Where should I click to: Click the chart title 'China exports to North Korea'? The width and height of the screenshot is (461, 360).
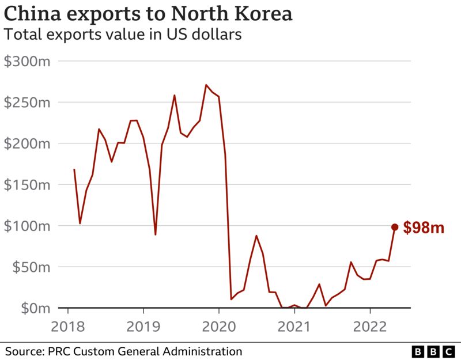click(x=148, y=14)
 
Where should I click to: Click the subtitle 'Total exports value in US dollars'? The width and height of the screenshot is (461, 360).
click(x=122, y=35)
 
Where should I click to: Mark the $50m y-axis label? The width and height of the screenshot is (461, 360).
click(x=30, y=267)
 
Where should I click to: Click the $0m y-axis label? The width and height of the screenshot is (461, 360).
click(x=33, y=308)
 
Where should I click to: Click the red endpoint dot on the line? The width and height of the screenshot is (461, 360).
click(x=395, y=228)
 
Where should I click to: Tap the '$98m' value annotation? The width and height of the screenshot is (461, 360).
click(x=424, y=228)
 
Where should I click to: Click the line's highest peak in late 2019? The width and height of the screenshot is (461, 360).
click(x=206, y=85)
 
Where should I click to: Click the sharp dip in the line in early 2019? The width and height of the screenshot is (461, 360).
click(x=156, y=234)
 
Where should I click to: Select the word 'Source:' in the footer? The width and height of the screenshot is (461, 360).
click(x=25, y=351)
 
